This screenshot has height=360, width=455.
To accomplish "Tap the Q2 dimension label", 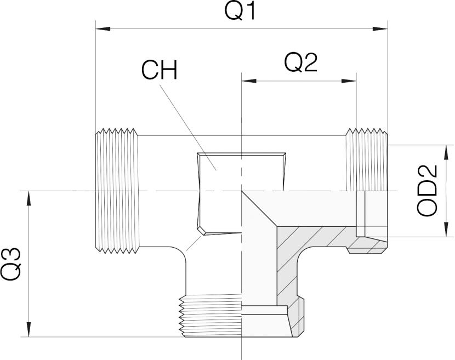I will coord(301,64).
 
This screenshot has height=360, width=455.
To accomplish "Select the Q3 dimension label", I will coord(12,264).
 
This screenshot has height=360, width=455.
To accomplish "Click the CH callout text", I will coord(160,70).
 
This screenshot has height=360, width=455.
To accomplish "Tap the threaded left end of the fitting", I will coord(116,190).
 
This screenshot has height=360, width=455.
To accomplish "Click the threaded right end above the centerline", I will coord(367,159).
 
